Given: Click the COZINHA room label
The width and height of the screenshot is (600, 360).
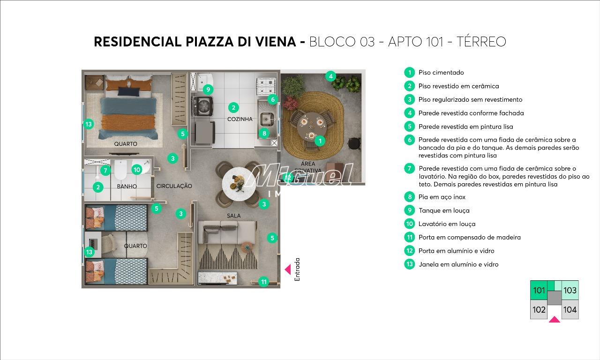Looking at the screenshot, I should pos(240,119).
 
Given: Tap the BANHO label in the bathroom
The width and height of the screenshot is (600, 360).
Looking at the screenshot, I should pos(127,186).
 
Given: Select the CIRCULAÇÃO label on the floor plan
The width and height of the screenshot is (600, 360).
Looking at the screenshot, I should pos(174,186).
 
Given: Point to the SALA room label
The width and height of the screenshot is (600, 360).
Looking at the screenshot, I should pos(233,216).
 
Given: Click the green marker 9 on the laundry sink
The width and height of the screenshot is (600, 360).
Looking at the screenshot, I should pos(208,89).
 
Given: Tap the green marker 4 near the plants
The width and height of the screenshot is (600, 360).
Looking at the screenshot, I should pos(330,76).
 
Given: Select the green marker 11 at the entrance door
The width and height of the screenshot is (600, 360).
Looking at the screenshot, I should pos(264,282).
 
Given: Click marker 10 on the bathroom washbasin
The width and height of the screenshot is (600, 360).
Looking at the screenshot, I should pos(136,170).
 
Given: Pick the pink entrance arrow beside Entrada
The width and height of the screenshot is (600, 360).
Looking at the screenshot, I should pos(288,270).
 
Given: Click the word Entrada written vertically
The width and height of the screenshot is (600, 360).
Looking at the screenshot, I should pos(297,270).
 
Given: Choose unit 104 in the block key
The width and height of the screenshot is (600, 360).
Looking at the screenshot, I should pos(570,309).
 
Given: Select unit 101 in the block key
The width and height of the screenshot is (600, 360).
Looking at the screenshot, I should pos(539,290).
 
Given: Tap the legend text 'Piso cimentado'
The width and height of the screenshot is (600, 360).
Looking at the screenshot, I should pos(441,73).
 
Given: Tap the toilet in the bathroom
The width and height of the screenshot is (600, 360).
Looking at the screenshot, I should pos(120,170).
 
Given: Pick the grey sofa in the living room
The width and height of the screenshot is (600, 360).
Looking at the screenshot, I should pos(226,232).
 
